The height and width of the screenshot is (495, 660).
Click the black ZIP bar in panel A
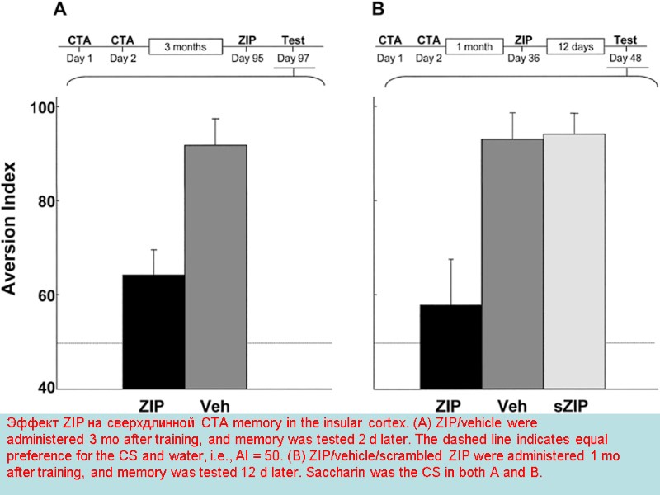point(153,331)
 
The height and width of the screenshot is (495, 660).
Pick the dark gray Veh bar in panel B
point(512,263)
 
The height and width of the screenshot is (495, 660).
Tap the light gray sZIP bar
point(574,261)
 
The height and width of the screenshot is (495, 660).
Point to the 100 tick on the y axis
point(41,108)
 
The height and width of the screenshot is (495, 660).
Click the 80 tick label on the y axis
point(41,201)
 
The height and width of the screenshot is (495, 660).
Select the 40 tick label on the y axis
point(41,388)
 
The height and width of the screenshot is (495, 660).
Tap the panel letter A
point(60,10)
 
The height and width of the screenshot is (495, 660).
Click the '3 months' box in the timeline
point(187,46)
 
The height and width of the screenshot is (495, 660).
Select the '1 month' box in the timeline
point(474,46)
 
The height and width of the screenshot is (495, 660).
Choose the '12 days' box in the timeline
point(575,46)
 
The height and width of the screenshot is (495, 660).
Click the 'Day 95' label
point(246,59)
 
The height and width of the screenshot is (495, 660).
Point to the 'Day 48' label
point(625,58)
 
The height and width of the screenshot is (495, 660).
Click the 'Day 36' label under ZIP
point(522,59)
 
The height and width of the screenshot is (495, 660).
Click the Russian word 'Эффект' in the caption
point(29,422)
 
